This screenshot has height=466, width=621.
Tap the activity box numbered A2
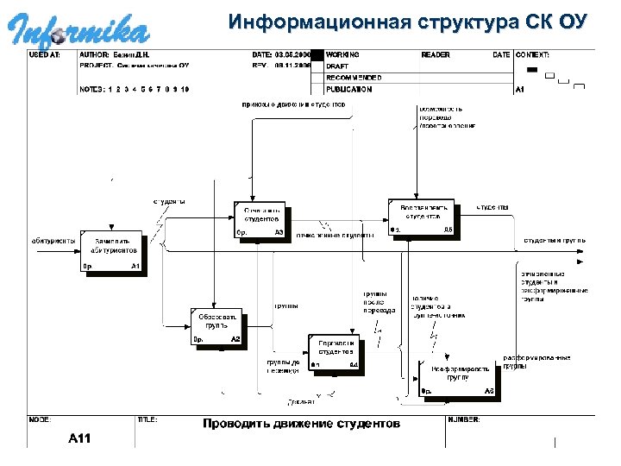[x=218, y=328]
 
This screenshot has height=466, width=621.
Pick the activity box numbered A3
[x=261, y=220]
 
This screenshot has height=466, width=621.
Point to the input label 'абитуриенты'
[x=53, y=241]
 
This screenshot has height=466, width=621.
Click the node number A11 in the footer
[x=80, y=438]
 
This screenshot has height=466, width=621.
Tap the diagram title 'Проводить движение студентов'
[x=301, y=424]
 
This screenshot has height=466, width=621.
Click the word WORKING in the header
[x=343, y=54]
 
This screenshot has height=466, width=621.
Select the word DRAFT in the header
[x=337, y=66]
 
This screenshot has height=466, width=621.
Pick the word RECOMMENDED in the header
[x=354, y=78]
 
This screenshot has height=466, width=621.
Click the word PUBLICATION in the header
[x=349, y=89]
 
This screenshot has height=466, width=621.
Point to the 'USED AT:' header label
[x=45, y=54]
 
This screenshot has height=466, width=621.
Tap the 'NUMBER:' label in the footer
[x=464, y=419]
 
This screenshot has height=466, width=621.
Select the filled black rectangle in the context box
[x=532, y=69]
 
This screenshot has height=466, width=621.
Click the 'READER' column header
[x=435, y=54]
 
